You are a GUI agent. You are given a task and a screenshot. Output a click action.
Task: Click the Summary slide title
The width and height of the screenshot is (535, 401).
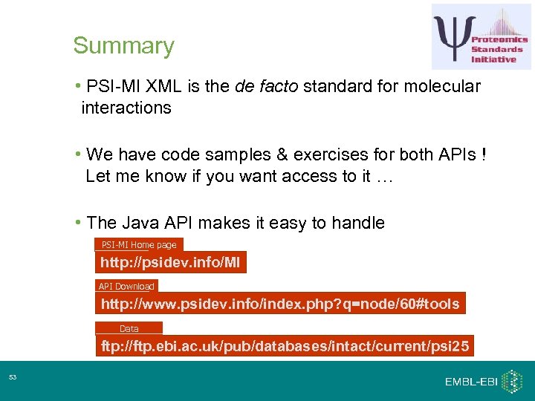coord(123,46)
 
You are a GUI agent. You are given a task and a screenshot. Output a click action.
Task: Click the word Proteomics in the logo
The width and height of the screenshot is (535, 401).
coord(499,39)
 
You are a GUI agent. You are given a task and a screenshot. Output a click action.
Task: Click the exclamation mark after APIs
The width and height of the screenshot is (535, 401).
coord(484,154)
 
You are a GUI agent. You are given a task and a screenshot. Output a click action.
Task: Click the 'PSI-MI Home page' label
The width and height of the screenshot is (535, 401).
coord(139,244)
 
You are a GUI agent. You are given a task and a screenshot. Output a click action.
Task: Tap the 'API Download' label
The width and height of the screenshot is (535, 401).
coord(126,286)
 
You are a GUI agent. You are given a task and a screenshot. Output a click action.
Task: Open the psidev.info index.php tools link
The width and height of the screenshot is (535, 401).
coord(280,304)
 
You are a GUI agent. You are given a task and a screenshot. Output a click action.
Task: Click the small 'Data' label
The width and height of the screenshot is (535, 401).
coord(129,328)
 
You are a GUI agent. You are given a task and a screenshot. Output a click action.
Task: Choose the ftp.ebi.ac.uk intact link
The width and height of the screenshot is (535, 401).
coord(285,347)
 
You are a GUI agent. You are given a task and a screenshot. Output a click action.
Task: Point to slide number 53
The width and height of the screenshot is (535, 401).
coord(13,379)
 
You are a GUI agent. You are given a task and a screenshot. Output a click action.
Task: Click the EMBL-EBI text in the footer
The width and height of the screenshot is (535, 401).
coord(470,382)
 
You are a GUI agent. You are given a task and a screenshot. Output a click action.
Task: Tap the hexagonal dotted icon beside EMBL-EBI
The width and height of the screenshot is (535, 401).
coord(512,381)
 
